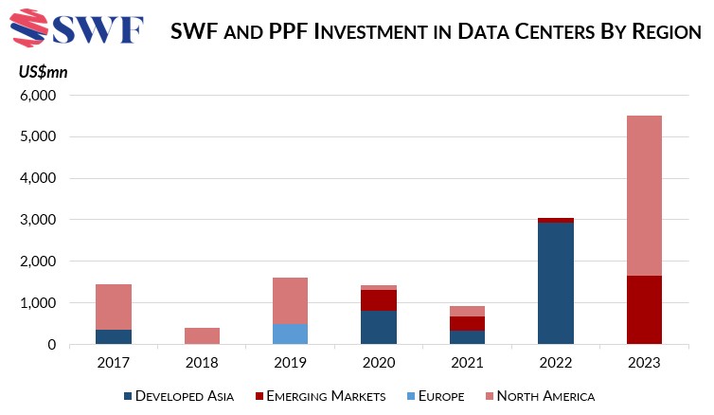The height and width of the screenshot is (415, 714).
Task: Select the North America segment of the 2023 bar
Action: (643, 195)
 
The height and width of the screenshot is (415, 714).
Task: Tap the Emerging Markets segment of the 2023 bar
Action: (643, 310)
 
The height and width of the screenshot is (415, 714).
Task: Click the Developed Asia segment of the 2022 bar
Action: (555, 283)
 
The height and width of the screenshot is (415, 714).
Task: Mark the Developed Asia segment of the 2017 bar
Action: (114, 337)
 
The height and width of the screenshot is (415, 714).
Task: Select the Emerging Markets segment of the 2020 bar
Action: (378, 300)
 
